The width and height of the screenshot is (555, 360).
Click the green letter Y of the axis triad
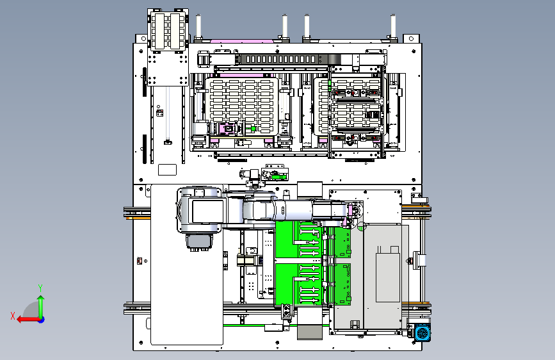[x=40, y=288]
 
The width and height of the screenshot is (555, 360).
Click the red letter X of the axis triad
[x=13, y=316]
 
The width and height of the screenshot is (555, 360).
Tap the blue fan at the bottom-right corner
[x=422, y=333]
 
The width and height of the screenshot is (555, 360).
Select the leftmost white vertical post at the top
[x=198, y=26]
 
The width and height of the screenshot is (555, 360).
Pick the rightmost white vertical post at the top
[x=393, y=26]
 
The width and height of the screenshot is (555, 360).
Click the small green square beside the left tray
[x=253, y=129]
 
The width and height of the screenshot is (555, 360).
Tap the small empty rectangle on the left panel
[x=168, y=170]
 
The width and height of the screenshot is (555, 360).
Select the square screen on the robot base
[x=208, y=211]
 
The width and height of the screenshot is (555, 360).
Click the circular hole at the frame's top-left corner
[x=143, y=38]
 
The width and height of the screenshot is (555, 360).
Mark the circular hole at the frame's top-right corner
[x=412, y=38]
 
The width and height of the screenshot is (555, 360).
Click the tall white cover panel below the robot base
[x=187, y=284]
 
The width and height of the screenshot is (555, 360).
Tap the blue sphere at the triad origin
[x=42, y=320]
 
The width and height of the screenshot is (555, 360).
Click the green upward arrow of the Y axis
[x=41, y=306]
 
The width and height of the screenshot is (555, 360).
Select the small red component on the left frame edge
[x=140, y=261]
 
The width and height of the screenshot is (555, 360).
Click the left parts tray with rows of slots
[x=242, y=106]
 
